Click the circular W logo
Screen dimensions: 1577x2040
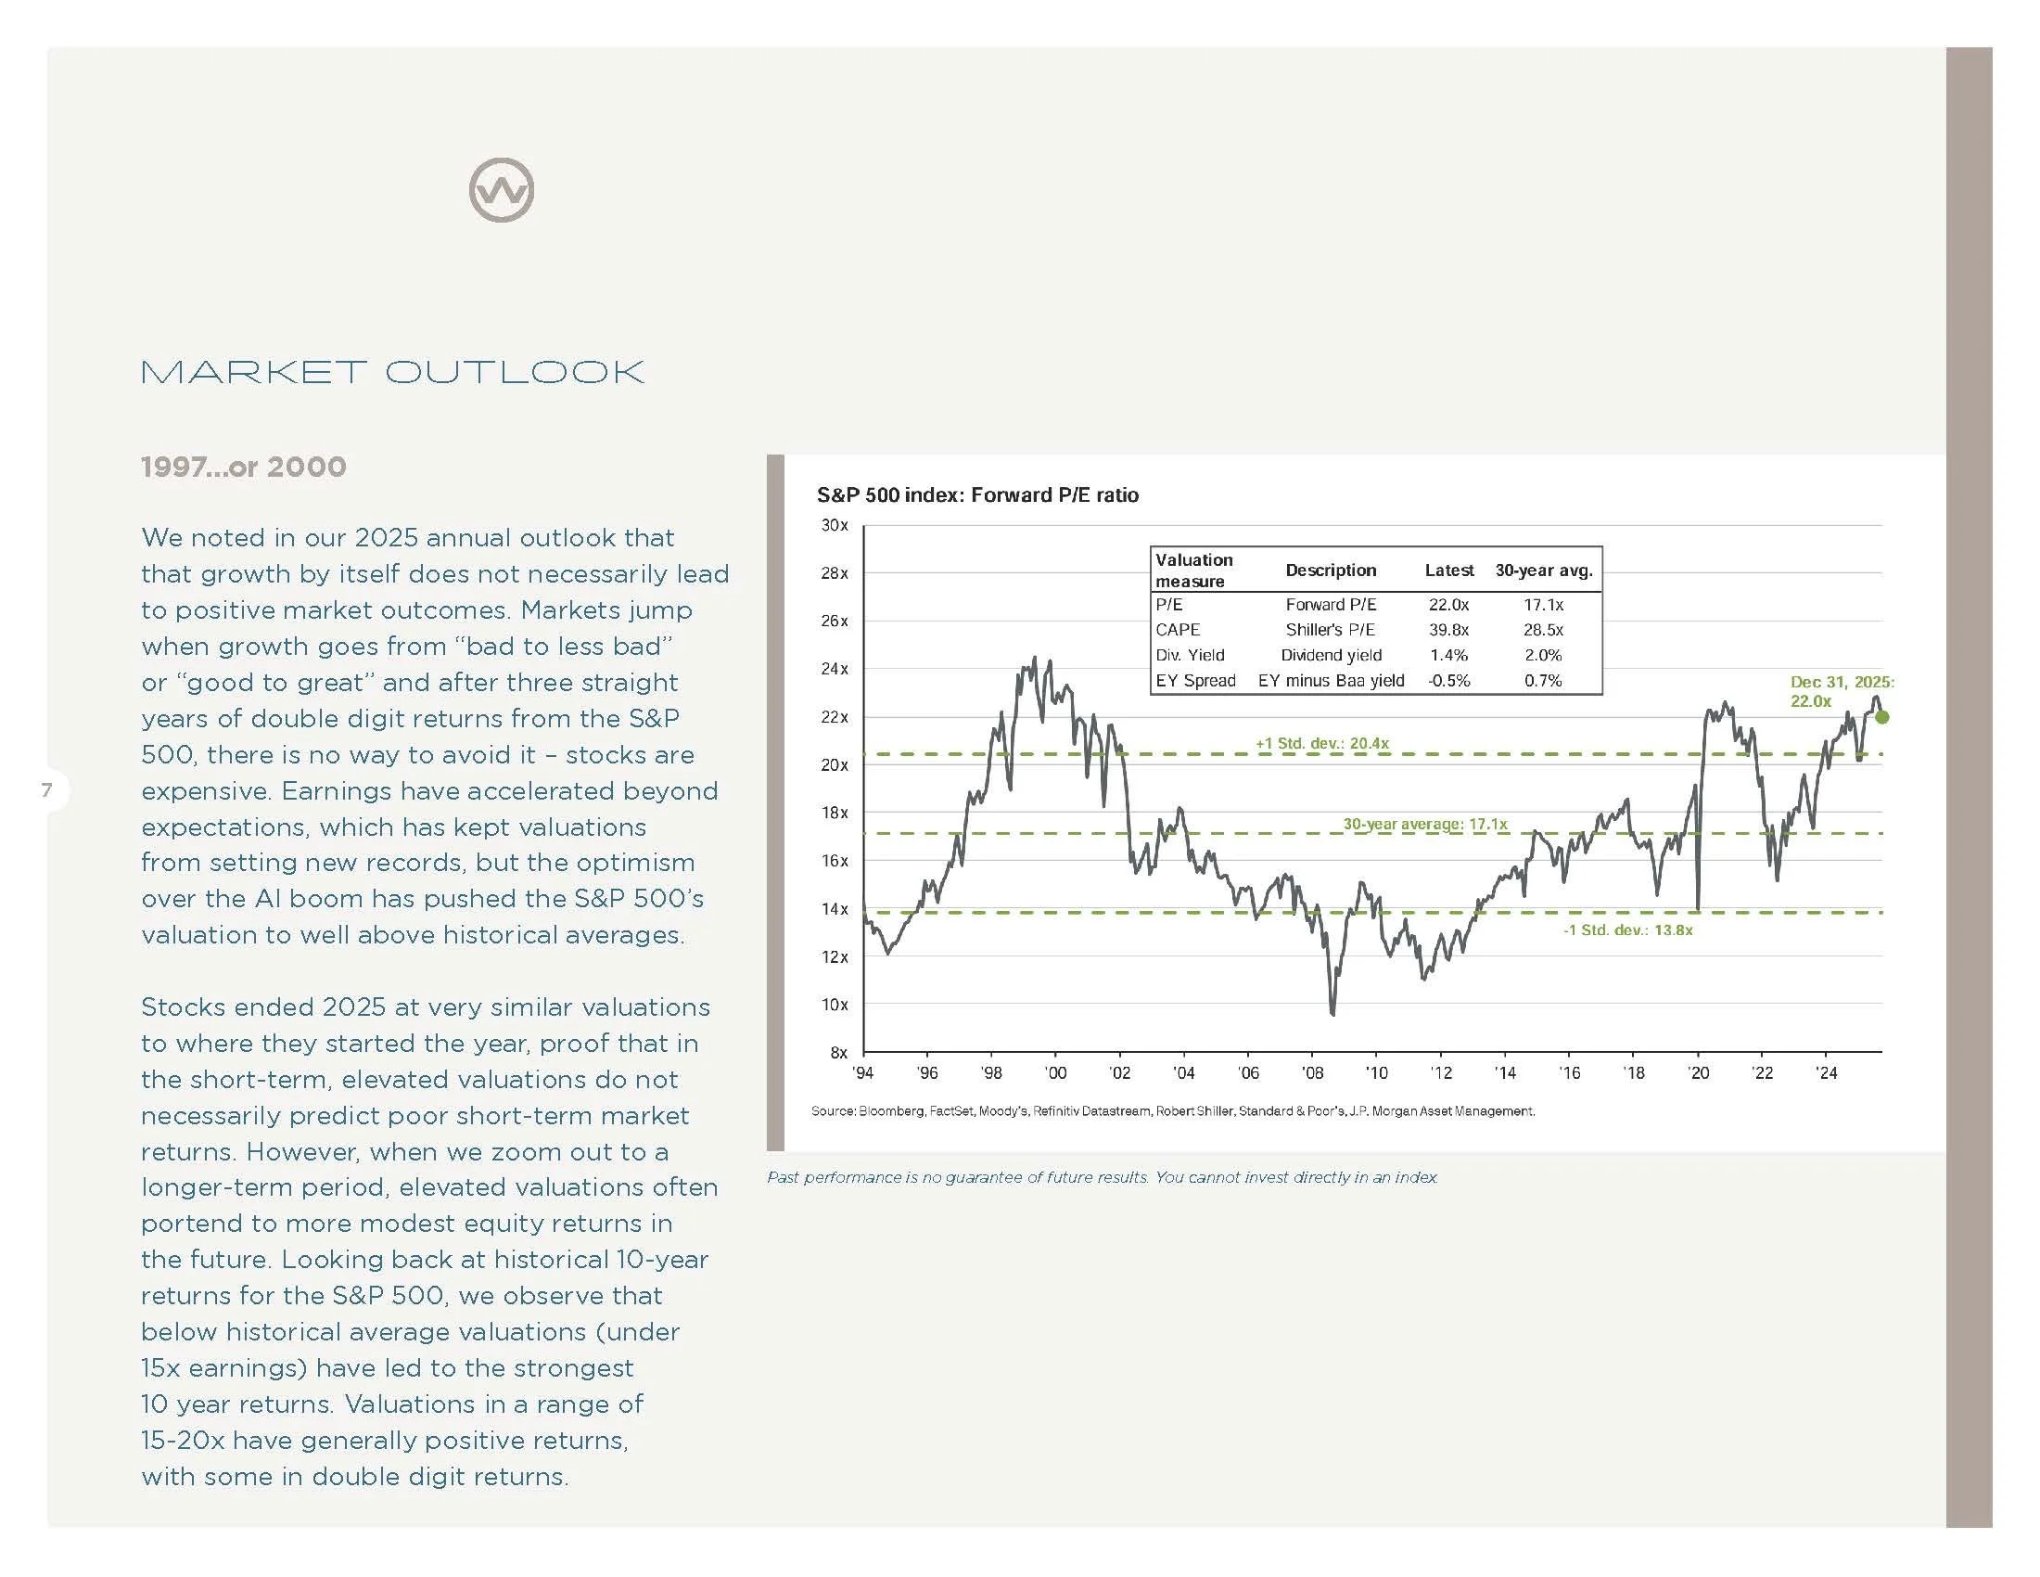pyautogui.click(x=502, y=190)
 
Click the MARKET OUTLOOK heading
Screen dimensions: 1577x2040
pyautogui.click(x=392, y=372)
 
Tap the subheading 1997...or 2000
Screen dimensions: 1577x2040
pyautogui.click(x=244, y=467)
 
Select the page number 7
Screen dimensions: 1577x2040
pyautogui.click(x=46, y=790)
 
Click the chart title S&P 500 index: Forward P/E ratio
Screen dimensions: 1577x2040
pyautogui.click(x=977, y=495)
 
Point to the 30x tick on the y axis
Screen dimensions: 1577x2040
pyautogui.click(x=835, y=525)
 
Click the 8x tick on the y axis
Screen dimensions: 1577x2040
pyautogui.click(x=838, y=1052)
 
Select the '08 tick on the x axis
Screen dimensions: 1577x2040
pyautogui.click(x=1312, y=1073)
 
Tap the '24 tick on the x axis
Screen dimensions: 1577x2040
pyautogui.click(x=1826, y=1073)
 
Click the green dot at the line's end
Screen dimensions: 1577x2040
pyautogui.click(x=1882, y=717)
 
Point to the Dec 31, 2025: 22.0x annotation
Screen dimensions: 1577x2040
pyautogui.click(x=1841, y=691)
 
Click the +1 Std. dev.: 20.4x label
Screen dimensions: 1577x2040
pyautogui.click(x=1321, y=744)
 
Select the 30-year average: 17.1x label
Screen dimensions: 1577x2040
pyautogui.click(x=1425, y=824)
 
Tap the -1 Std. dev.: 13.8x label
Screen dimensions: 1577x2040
pyautogui.click(x=1628, y=930)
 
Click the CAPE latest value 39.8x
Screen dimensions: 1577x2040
pyautogui.click(x=1448, y=630)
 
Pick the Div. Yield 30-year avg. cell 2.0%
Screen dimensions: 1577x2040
pyautogui.click(x=1543, y=655)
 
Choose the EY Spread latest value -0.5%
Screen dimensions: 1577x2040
pyautogui.click(x=1448, y=680)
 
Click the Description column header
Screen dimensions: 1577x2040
pyautogui.click(x=1330, y=570)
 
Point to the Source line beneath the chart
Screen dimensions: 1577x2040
pyautogui.click(x=1172, y=1110)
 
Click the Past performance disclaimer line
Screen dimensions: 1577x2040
pyautogui.click(x=1103, y=1177)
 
